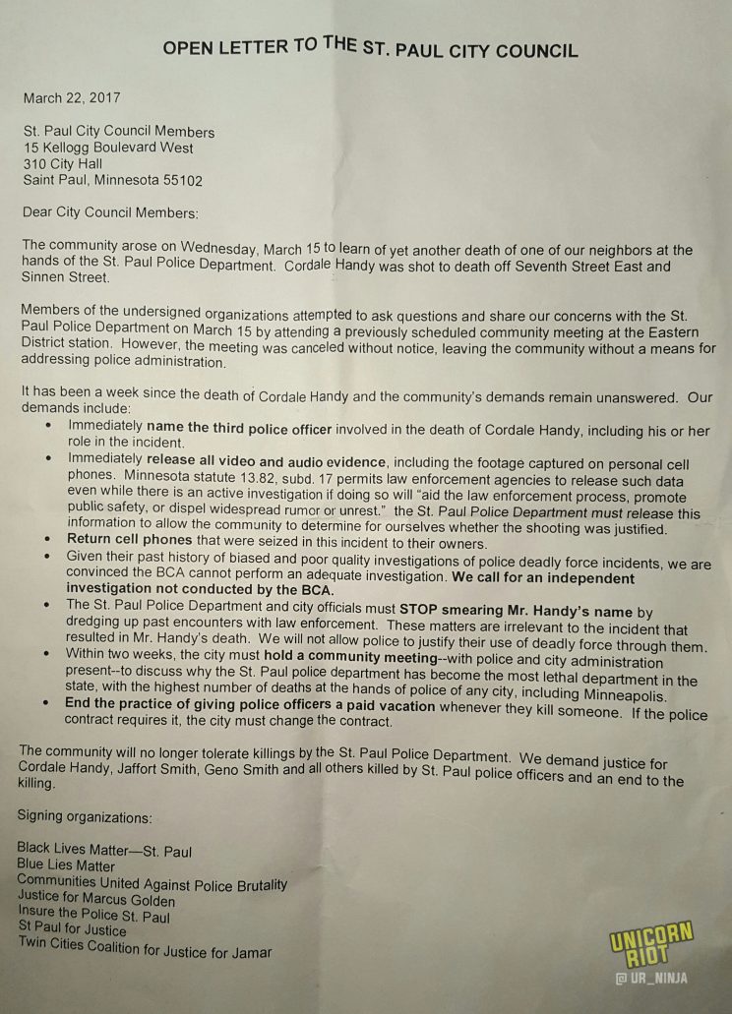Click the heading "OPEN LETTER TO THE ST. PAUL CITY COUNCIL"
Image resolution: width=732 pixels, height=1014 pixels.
pos(369,48)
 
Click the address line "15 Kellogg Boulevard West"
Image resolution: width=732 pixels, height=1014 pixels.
pos(109,148)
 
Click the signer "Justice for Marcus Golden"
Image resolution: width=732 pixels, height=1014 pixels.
pos(96,900)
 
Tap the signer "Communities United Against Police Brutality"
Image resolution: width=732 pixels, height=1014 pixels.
pos(152,883)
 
